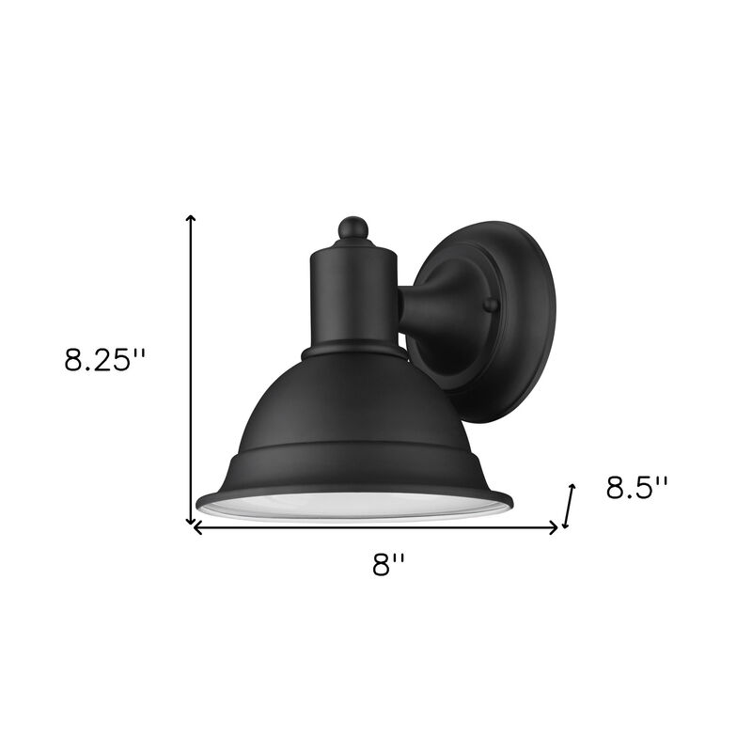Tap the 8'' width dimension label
coord(387,565)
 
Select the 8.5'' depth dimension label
coord(637,488)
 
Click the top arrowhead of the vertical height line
coord(191,219)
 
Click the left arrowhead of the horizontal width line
coord(198,528)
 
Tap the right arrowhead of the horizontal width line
coord(555,528)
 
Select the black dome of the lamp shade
coord(357,404)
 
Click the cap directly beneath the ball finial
coord(353,247)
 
